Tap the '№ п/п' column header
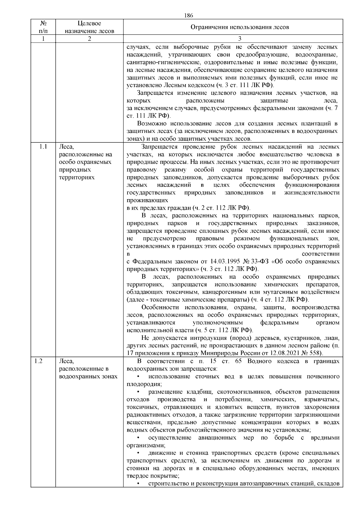click(x=43, y=27)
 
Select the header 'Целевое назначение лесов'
click(x=89, y=27)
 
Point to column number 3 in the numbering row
click(x=239, y=39)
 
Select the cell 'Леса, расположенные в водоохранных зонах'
click(x=88, y=369)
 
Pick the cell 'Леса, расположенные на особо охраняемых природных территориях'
click(x=85, y=162)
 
